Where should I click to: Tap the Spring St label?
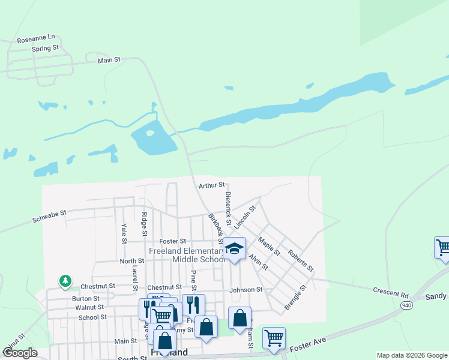tap(46, 47)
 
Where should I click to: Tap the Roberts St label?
tap(300, 261)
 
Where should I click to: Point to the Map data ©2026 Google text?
tap(411, 355)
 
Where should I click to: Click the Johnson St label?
tap(246, 289)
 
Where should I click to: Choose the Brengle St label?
tap(295, 296)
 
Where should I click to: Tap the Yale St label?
tap(124, 233)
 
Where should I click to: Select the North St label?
tap(132, 261)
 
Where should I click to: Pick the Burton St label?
tap(86, 298)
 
